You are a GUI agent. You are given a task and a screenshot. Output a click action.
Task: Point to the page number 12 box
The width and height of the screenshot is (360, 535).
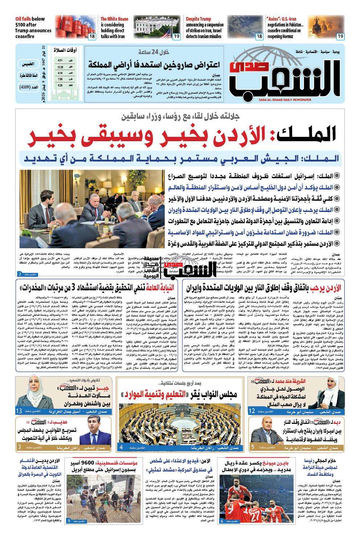pyautogui.click(x=253, y=411)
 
